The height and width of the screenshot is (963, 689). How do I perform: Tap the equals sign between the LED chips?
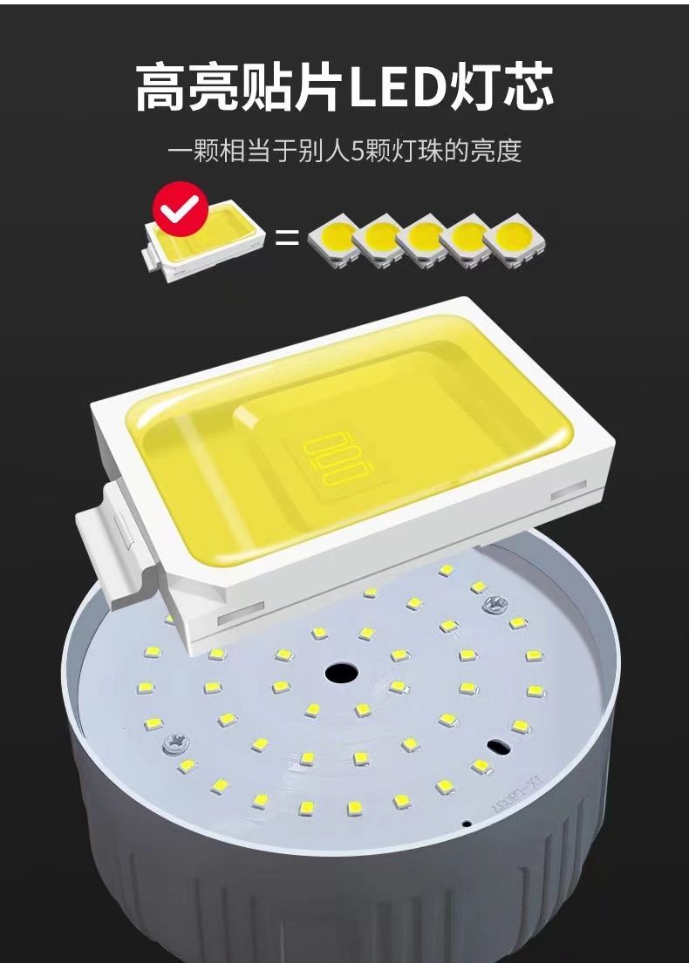coord(286,238)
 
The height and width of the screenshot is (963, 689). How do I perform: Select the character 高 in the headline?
coord(161,88)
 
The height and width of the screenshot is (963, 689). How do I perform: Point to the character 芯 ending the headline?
coord(527,88)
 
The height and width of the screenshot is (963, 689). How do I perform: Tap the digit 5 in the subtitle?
coord(357,151)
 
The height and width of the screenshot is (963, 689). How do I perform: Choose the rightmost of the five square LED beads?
coord(515,241)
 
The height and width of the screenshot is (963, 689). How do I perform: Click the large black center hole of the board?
coord(343,672)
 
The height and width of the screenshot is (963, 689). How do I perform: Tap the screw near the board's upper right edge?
coord(496,604)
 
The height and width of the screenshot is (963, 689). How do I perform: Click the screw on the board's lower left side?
coord(175,743)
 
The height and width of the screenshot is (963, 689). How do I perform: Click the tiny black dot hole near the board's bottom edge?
coord(467,823)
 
